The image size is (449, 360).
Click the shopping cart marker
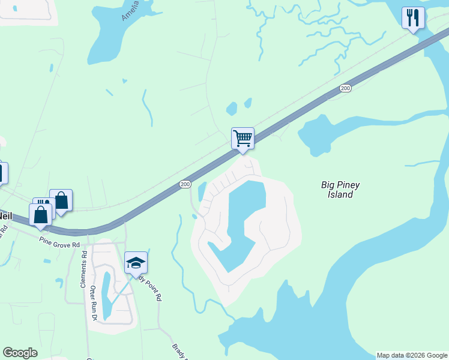pyautogui.click(x=243, y=139)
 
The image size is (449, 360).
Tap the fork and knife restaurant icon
pyautogui.click(x=412, y=18)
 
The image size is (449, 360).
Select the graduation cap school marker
pyautogui.click(x=136, y=263)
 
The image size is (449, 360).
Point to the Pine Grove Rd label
pyautogui.click(x=59, y=244)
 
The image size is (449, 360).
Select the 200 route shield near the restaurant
pyautogui.click(x=345, y=88)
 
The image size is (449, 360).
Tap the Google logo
pyautogui.click(x=20, y=353)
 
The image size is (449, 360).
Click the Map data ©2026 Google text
pyautogui.click(x=412, y=355)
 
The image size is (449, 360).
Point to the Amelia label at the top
pyautogui.click(x=130, y=11)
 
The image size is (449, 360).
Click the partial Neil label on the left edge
pyautogui.click(x=5, y=215)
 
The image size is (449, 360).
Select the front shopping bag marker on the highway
pyautogui.click(x=40, y=215)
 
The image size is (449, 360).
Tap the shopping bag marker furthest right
pyautogui.click(x=61, y=200)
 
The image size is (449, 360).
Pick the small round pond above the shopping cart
pyautogui.click(x=232, y=109)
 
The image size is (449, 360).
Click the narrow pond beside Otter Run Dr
pyautogui.click(x=106, y=294)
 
